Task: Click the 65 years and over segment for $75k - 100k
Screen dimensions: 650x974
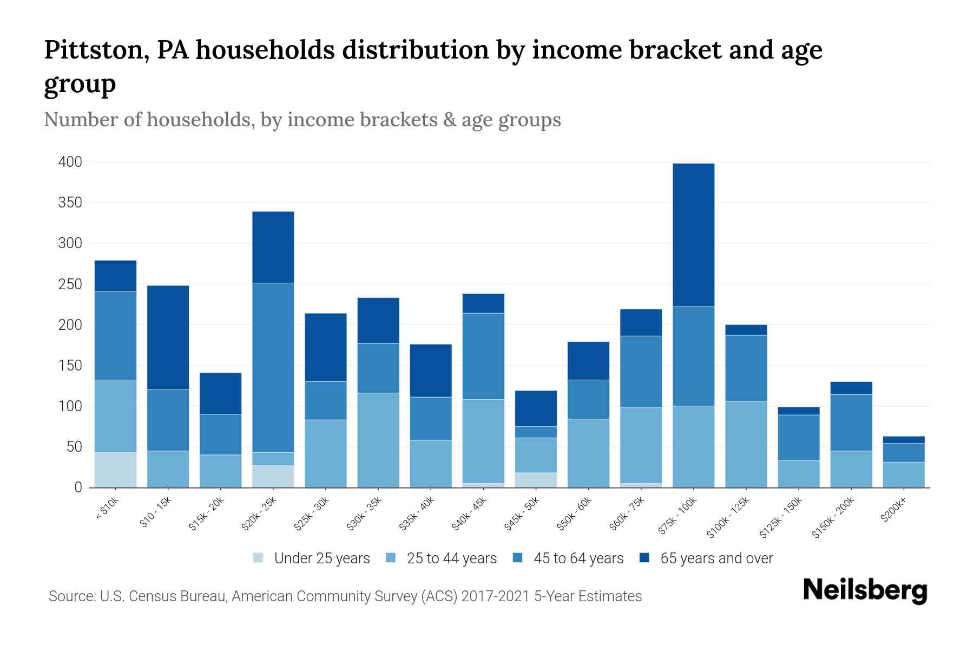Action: click(x=693, y=235)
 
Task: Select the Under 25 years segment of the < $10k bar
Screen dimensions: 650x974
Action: click(x=115, y=470)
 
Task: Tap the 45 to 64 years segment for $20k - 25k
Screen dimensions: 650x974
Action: click(x=273, y=367)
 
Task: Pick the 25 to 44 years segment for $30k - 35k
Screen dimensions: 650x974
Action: click(x=378, y=440)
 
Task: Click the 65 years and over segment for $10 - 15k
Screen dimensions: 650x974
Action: click(x=168, y=337)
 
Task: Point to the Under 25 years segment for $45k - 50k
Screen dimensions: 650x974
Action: click(x=536, y=480)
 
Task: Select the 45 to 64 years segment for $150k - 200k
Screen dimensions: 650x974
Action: click(x=851, y=422)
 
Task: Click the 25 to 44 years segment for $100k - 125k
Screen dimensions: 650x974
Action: click(x=746, y=444)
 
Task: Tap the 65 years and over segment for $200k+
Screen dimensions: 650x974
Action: click(x=904, y=440)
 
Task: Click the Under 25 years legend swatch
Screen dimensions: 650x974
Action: click(x=259, y=558)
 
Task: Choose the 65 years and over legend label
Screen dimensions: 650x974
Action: click(x=716, y=558)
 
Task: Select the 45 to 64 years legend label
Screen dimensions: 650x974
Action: click(x=578, y=558)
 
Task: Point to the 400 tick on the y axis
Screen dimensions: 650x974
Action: click(x=70, y=162)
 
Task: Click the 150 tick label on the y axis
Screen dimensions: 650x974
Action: click(x=70, y=366)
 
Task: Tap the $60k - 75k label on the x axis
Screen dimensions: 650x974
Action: click(x=628, y=512)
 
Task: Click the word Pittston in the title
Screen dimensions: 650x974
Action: click(x=94, y=50)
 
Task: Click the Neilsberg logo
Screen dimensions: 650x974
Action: click(x=865, y=590)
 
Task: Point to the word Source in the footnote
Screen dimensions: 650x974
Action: click(x=70, y=596)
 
